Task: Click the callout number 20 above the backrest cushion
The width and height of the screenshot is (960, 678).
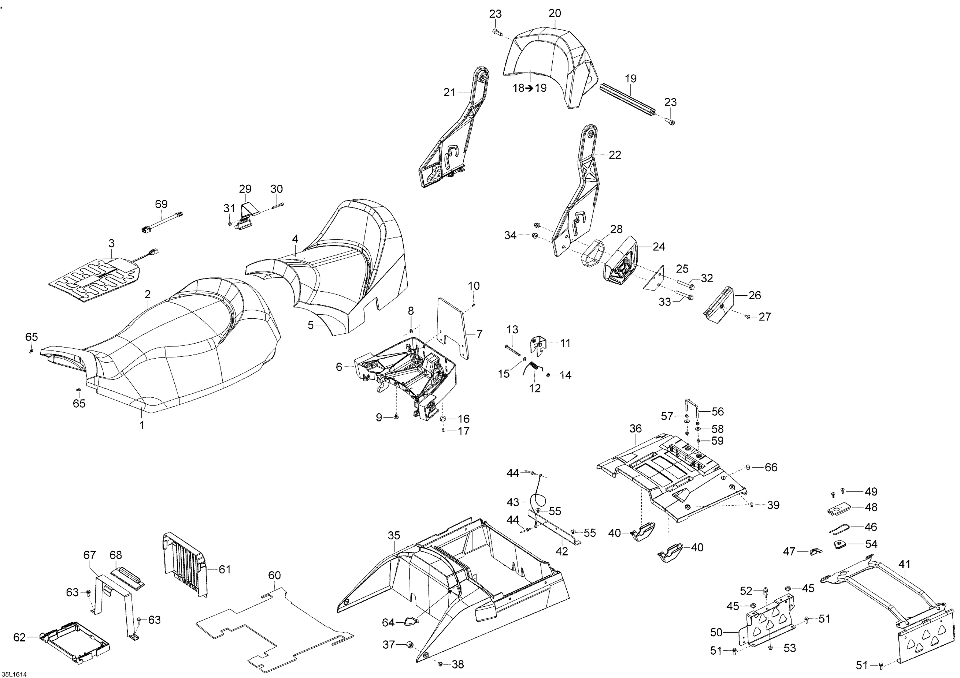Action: click(x=555, y=14)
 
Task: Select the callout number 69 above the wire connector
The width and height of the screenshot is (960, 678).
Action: click(x=161, y=204)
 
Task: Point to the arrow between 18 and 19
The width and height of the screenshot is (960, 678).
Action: click(x=529, y=88)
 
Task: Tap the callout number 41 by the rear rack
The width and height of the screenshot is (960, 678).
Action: click(x=904, y=564)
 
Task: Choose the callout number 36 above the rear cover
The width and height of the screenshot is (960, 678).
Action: click(x=635, y=429)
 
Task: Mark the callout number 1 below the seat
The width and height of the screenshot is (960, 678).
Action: click(x=142, y=425)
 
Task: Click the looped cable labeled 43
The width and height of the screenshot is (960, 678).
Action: click(x=538, y=500)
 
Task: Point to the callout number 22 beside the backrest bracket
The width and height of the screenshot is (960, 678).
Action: click(x=615, y=155)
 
